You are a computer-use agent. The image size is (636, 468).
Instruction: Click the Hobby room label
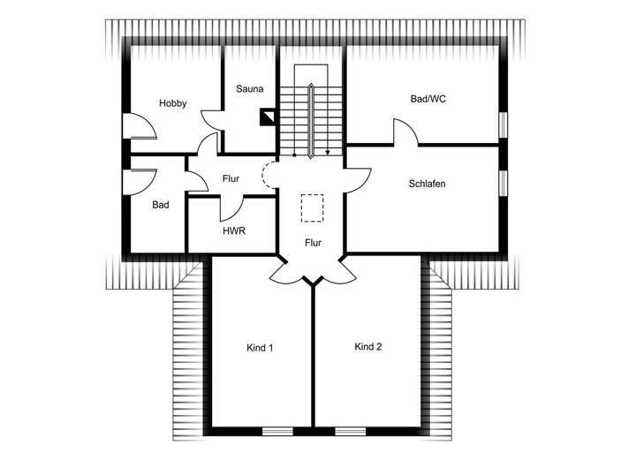172,103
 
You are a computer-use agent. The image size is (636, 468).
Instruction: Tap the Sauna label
248,89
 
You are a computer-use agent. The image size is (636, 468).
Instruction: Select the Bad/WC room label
428,99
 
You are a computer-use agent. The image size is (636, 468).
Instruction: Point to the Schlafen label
427,184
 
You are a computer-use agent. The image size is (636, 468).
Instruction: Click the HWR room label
233,231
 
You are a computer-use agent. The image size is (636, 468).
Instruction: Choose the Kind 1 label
259,348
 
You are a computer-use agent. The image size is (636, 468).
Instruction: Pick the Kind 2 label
367,347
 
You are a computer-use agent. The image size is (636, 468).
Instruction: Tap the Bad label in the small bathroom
160,205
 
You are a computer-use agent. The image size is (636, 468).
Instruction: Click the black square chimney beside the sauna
268,116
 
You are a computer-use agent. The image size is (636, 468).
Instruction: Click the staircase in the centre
312,110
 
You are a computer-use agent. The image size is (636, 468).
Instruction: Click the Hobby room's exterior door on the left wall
139,127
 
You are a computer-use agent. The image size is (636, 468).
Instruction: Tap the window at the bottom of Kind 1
277,431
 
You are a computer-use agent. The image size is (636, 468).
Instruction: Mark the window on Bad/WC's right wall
503,125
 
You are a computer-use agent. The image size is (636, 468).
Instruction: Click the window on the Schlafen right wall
503,182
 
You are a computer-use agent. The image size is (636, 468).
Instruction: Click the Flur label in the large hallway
313,242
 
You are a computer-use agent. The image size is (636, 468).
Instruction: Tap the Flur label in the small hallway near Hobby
231,179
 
